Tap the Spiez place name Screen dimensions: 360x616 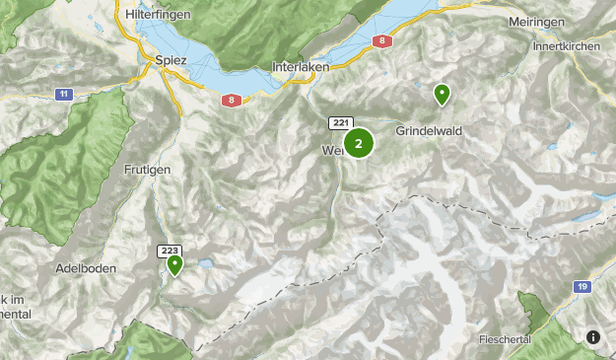click(x=171, y=59)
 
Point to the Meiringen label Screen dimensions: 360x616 click(x=536, y=22)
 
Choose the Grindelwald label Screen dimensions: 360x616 click(x=429, y=130)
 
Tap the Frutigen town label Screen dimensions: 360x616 click(x=148, y=170)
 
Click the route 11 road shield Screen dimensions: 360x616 click(x=64, y=94)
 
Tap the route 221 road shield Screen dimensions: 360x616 click(x=341, y=122)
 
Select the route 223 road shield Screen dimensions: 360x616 click(x=169, y=252)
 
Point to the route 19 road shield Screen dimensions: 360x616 click(x=583, y=285)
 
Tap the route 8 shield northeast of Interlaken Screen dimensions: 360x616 click(x=381, y=41)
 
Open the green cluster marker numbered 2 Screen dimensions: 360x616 click(x=359, y=144)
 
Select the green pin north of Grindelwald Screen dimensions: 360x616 click(x=443, y=95)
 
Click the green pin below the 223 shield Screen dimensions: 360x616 click(x=174, y=264)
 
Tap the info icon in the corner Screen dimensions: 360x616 click(x=593, y=337)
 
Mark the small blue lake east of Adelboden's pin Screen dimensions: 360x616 click(x=207, y=264)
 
